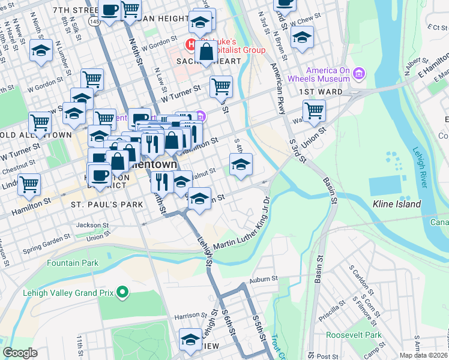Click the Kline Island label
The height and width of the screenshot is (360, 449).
tap(397, 204)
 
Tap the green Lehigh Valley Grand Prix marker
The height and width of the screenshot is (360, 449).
tap(123, 293)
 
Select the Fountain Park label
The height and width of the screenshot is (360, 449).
tap(73, 263)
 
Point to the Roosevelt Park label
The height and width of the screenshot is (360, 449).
tap(354, 335)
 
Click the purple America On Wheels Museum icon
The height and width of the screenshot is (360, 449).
tap(360, 74)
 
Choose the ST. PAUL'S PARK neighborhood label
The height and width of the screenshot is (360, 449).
tap(107, 205)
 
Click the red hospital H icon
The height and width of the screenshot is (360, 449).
tap(191, 44)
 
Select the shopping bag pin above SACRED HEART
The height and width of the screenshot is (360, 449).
tap(206, 52)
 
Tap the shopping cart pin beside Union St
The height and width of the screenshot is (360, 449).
tap(314, 111)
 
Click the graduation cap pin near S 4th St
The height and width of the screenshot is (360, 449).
tap(241, 164)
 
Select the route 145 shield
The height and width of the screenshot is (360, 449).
tap(93, 20)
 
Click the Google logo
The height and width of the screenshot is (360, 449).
tap(20, 353)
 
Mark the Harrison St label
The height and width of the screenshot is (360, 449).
tap(186, 315)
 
